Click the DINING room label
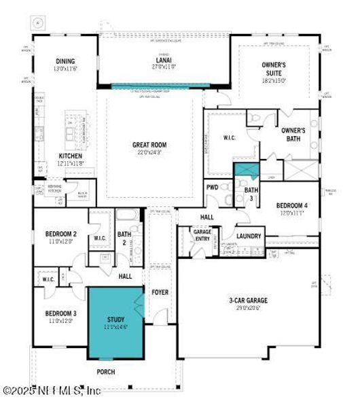point(65,61)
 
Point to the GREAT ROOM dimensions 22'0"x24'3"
point(149,152)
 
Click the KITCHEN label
point(70,156)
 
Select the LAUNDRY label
point(249,236)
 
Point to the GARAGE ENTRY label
point(202,235)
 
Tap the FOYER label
point(160,292)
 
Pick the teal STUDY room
point(116,322)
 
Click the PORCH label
point(105,372)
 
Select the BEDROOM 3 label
point(60,313)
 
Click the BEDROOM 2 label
point(60,235)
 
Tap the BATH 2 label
point(124,238)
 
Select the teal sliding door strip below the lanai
point(160,86)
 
